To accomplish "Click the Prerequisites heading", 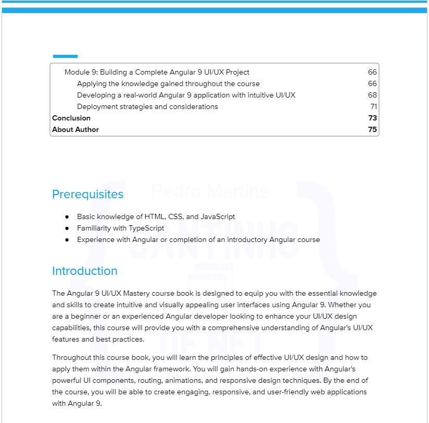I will pyautogui.click(x=87, y=195).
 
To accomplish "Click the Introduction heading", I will pyautogui.click(x=84, y=271).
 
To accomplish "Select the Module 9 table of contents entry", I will pyautogui.click(x=157, y=72).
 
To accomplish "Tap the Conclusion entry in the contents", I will pyautogui.click(x=71, y=118).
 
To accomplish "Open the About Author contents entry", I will pyautogui.click(x=75, y=130).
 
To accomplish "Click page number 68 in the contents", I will pyautogui.click(x=372, y=95).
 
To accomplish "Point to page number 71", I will pyautogui.click(x=373, y=107).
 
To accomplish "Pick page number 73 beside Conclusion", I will pyautogui.click(x=372, y=118).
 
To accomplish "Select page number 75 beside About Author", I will pyautogui.click(x=372, y=130).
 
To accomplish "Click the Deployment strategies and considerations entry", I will pyautogui.click(x=147, y=107).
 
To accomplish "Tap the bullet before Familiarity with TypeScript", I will pyautogui.click(x=67, y=228).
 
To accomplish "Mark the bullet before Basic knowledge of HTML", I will pyautogui.click(x=67, y=217).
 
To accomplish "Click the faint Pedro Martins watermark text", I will pyautogui.click(x=209, y=191).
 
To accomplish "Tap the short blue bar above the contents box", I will pyautogui.click(x=65, y=56).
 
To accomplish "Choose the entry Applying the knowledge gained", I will pyautogui.click(x=168, y=84).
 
